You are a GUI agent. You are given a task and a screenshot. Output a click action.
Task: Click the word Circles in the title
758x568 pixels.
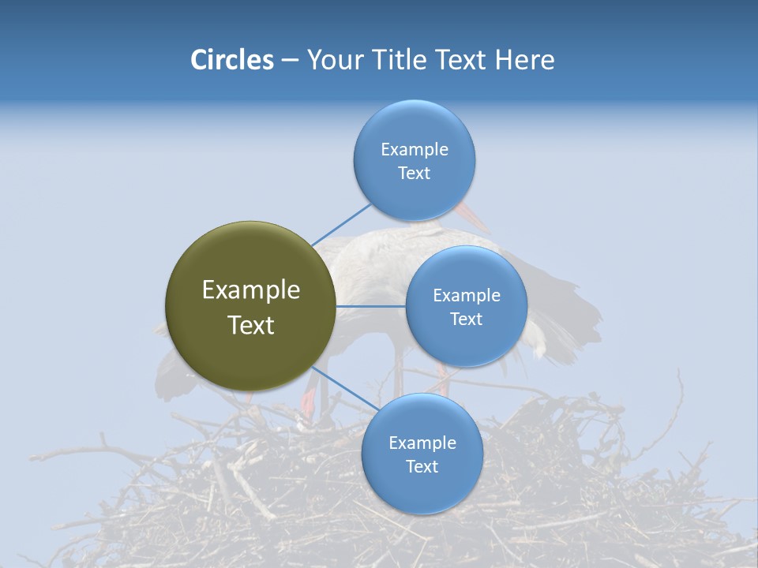click(231, 59)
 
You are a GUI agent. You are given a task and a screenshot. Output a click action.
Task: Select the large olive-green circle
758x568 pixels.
click(251, 306)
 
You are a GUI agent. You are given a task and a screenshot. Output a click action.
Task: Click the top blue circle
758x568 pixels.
click(414, 160)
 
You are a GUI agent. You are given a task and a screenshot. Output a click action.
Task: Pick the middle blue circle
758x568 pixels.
click(466, 306)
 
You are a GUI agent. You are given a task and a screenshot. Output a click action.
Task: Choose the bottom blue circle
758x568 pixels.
click(422, 454)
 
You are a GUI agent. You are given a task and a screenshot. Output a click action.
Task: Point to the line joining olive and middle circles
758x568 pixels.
click(371, 306)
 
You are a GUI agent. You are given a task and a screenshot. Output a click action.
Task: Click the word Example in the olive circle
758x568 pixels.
click(251, 290)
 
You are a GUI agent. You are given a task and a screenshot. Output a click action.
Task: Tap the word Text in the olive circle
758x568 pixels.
click(251, 325)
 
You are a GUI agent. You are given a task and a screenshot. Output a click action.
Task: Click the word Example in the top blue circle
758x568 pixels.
click(414, 149)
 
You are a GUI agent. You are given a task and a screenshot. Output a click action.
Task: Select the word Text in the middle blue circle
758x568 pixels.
click(466, 319)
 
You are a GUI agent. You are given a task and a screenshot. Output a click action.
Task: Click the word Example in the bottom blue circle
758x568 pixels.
click(422, 443)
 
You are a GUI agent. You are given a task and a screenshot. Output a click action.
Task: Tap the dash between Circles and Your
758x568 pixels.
click(289, 60)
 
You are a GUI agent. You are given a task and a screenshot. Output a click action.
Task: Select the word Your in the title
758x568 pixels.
click(334, 59)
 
